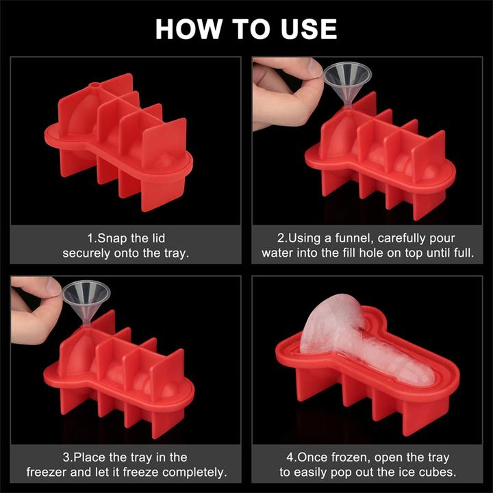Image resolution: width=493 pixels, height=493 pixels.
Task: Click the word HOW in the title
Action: pyautogui.click(x=188, y=29)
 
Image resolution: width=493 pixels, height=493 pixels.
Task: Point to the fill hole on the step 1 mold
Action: pyautogui.click(x=94, y=85)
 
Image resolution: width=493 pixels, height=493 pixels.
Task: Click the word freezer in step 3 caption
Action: pyautogui.click(x=47, y=472)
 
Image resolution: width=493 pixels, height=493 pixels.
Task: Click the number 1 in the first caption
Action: pyautogui.click(x=90, y=238)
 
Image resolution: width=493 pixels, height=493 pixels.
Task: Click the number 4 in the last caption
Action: pyautogui.click(x=289, y=457)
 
